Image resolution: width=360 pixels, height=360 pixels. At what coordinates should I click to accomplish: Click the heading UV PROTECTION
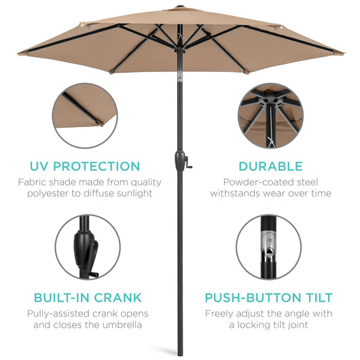[x=84, y=166]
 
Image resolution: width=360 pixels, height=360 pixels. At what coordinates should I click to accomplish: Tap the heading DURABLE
[x=270, y=166]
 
